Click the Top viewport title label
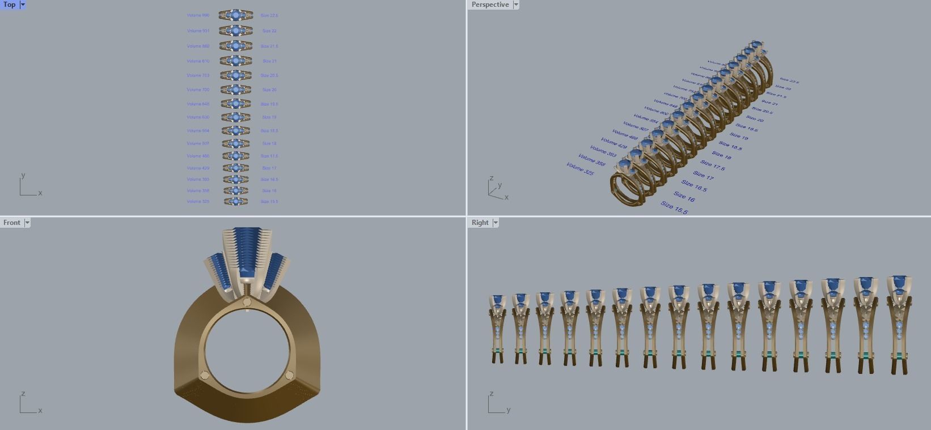click(10, 5)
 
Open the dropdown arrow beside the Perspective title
click(515, 5)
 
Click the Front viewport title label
click(11, 223)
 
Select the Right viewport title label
click(480, 223)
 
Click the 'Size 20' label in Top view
click(269, 90)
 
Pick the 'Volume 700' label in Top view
click(198, 90)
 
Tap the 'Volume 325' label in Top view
click(198, 201)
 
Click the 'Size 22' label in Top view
click(269, 31)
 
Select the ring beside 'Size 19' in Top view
click(235, 117)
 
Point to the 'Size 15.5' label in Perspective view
click(674, 207)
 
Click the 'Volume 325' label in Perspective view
click(579, 168)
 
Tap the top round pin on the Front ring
click(247, 303)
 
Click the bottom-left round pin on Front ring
click(205, 374)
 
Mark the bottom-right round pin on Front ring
click(289, 374)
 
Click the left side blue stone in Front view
click(218, 270)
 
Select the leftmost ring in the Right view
click(498, 329)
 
